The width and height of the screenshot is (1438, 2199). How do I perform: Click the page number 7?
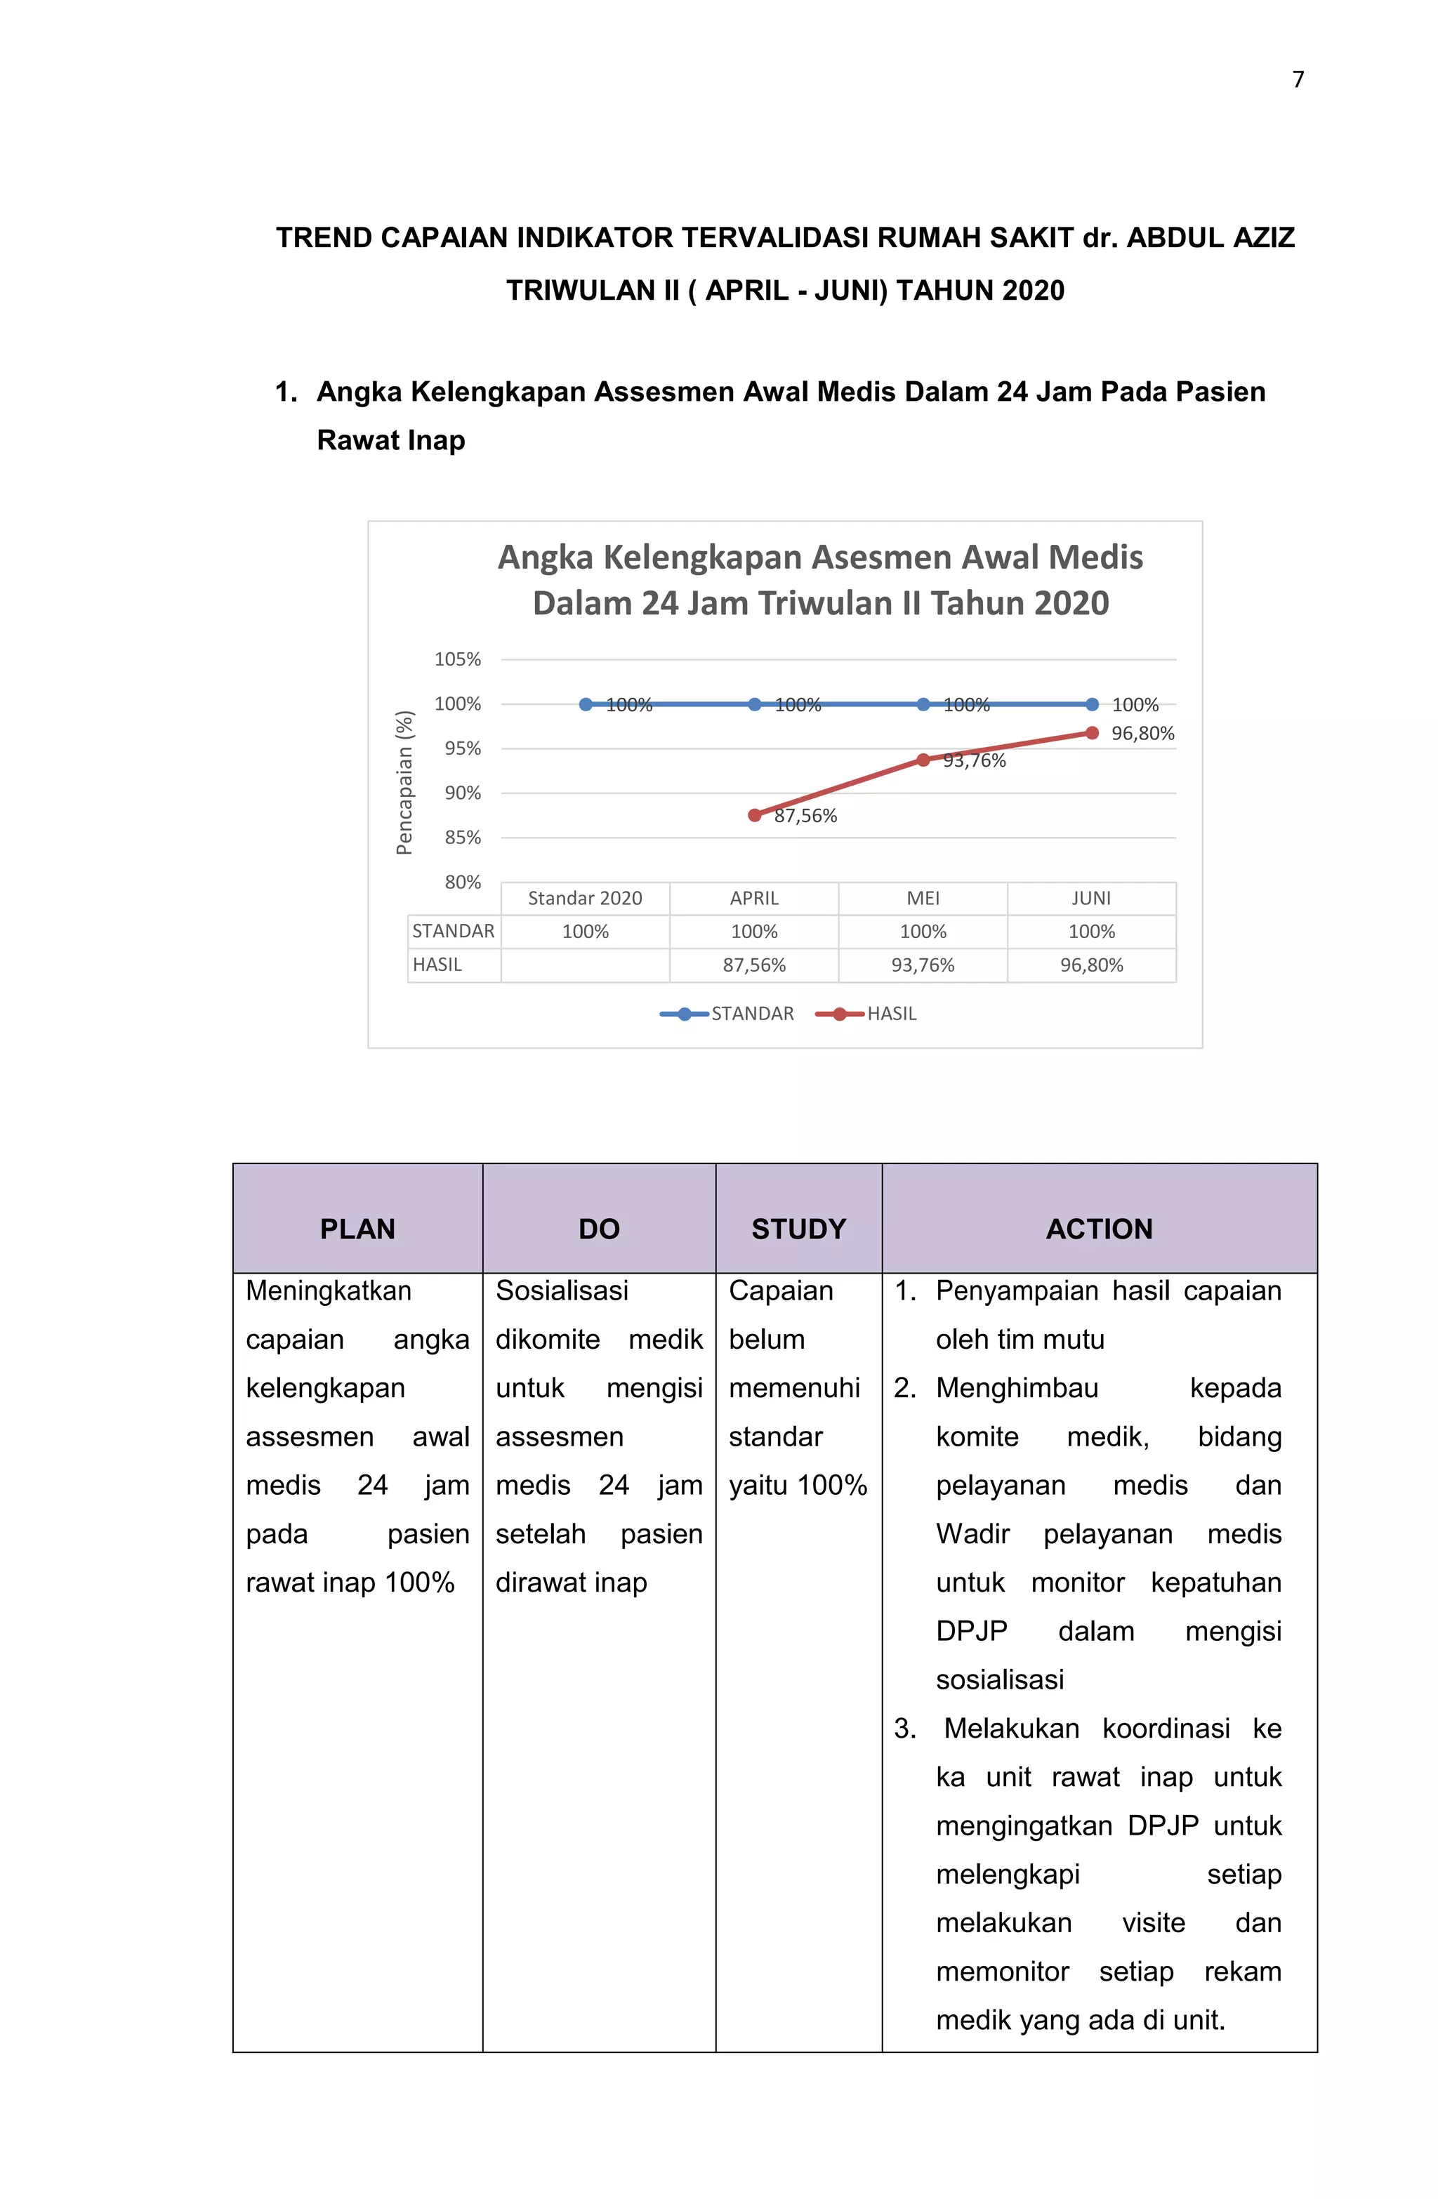pyautogui.click(x=1298, y=79)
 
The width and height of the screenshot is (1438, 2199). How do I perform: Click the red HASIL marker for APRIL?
pyautogui.click(x=754, y=815)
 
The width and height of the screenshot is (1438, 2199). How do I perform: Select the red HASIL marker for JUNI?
pyautogui.click(x=1091, y=733)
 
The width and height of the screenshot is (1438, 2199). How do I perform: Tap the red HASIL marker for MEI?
pyautogui.click(x=923, y=760)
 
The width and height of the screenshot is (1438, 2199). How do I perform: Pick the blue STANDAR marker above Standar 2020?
pyautogui.click(x=585, y=704)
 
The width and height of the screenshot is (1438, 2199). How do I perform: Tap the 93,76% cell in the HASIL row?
pyautogui.click(x=923, y=965)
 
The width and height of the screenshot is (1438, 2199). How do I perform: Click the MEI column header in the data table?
pyautogui.click(x=923, y=898)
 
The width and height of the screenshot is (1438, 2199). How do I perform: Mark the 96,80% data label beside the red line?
pyautogui.click(x=1142, y=734)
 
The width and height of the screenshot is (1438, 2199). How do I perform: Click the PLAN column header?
pyautogui.click(x=357, y=1228)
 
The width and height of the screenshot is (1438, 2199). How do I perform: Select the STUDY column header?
pyautogui.click(x=798, y=1228)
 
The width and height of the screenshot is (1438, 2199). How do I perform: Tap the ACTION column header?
pyautogui.click(x=1099, y=1228)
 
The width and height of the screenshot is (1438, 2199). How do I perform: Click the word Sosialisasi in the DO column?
pyautogui.click(x=561, y=1290)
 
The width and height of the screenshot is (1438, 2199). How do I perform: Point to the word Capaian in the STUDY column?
pyautogui.click(x=780, y=1290)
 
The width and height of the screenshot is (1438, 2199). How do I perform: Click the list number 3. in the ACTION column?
pyautogui.click(x=905, y=1728)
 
